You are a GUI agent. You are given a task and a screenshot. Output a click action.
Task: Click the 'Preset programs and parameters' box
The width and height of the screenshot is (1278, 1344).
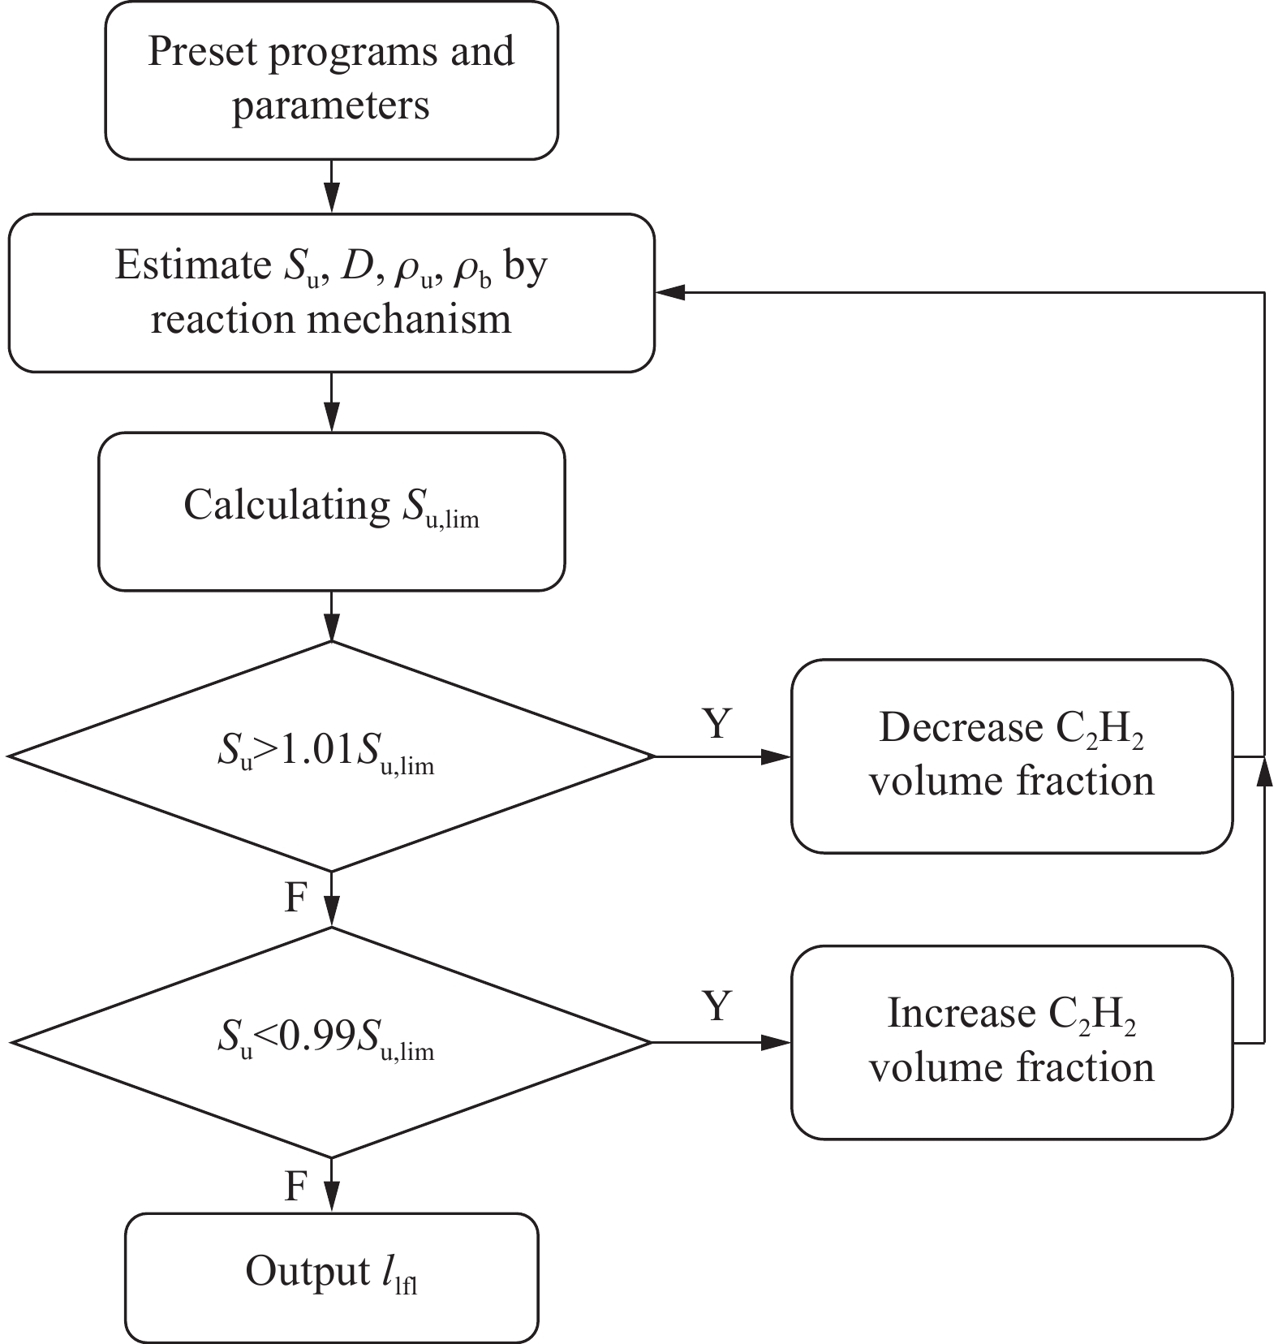[x=331, y=80]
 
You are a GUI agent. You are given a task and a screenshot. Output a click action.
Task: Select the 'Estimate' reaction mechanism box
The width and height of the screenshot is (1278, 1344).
[x=331, y=292]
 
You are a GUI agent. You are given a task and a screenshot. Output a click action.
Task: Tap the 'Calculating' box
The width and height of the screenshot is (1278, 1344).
[x=331, y=510]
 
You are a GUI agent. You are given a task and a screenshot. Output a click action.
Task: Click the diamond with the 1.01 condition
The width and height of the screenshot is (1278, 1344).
[x=331, y=756]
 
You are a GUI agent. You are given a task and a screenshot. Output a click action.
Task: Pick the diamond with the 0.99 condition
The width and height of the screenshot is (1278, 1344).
[x=331, y=1042]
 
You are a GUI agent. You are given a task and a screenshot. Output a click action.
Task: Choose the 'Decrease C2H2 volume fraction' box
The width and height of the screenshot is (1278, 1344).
[x=1011, y=756]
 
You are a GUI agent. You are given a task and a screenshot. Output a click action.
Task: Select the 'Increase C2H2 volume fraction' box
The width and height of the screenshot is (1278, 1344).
[x=1011, y=1042]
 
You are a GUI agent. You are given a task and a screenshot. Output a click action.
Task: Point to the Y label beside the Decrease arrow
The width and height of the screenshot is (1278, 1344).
[x=716, y=724]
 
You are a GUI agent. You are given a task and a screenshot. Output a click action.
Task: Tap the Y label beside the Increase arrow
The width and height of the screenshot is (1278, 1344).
[x=716, y=1006]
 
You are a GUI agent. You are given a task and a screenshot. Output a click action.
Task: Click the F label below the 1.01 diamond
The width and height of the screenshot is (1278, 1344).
[x=297, y=898]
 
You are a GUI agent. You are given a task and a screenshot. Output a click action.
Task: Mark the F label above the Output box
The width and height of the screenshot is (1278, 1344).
[x=297, y=1187]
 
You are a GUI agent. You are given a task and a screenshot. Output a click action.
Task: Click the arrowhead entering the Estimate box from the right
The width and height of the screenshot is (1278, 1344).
[x=670, y=292]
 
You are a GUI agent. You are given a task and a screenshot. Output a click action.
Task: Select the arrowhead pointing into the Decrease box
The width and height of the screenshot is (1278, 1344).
[x=777, y=756]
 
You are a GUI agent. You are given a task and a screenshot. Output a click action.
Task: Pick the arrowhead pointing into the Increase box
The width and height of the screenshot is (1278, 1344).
[x=777, y=1042]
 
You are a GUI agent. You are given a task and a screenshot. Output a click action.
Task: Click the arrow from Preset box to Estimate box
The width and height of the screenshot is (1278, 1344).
[x=331, y=187]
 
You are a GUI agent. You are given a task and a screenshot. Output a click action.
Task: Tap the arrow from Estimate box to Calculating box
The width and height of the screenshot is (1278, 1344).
[x=331, y=402]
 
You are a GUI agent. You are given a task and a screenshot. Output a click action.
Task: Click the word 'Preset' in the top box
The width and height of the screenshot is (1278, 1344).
[x=202, y=51]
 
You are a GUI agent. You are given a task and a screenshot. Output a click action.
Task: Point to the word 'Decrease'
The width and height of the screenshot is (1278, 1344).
[x=961, y=727]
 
